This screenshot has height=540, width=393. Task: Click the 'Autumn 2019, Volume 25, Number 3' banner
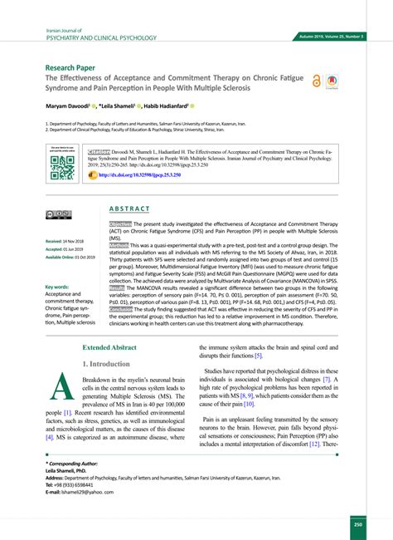coord(339,37)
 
